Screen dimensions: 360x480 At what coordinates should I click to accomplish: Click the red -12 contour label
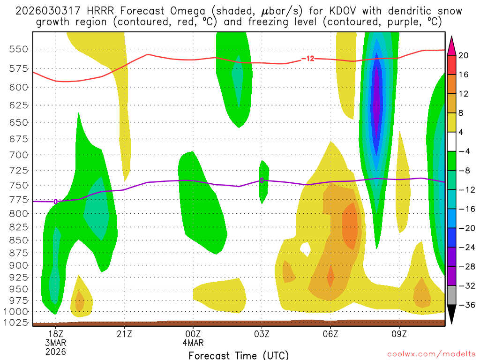tap(307, 59)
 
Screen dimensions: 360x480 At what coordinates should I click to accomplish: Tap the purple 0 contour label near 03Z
tap(262, 180)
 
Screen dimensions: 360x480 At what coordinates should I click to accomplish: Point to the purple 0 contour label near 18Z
tap(56, 202)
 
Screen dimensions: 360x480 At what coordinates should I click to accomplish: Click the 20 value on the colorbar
tap(464, 55)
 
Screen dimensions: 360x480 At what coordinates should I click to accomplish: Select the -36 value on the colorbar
tap(464, 305)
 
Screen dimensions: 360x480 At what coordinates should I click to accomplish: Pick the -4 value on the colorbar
tap(464, 151)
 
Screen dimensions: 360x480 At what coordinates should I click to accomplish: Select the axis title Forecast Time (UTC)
tap(239, 355)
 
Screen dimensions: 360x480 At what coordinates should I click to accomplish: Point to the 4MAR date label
tap(193, 342)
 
